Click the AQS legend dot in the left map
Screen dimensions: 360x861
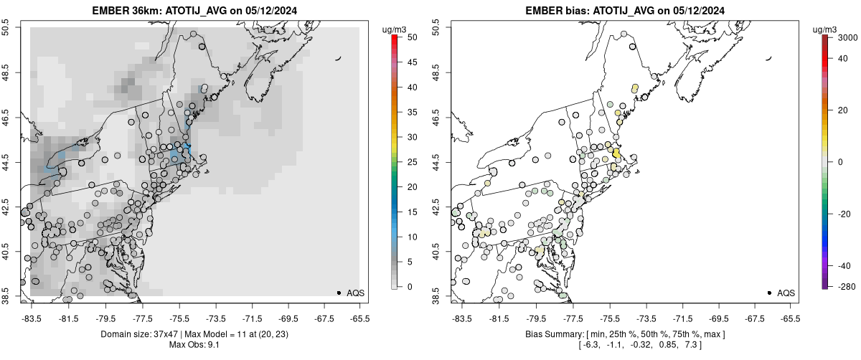(x=339, y=293)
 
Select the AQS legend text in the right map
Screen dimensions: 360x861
(x=786, y=293)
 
